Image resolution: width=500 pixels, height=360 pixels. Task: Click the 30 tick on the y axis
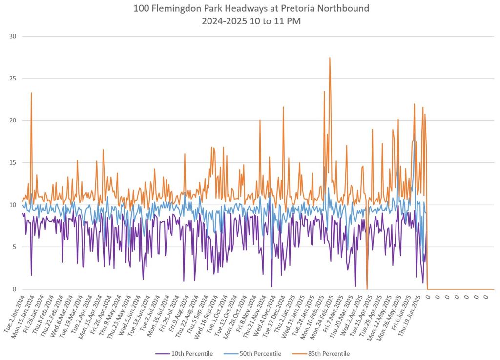pyautogui.click(x=13, y=36)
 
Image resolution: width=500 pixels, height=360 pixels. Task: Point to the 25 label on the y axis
pyautogui.click(x=13, y=79)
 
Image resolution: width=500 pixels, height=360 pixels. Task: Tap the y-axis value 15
pyautogui.click(x=13, y=163)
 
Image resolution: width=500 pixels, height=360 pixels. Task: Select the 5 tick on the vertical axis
pyautogui.click(x=15, y=247)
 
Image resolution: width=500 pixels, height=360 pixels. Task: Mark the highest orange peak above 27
pyautogui.click(x=330, y=58)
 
